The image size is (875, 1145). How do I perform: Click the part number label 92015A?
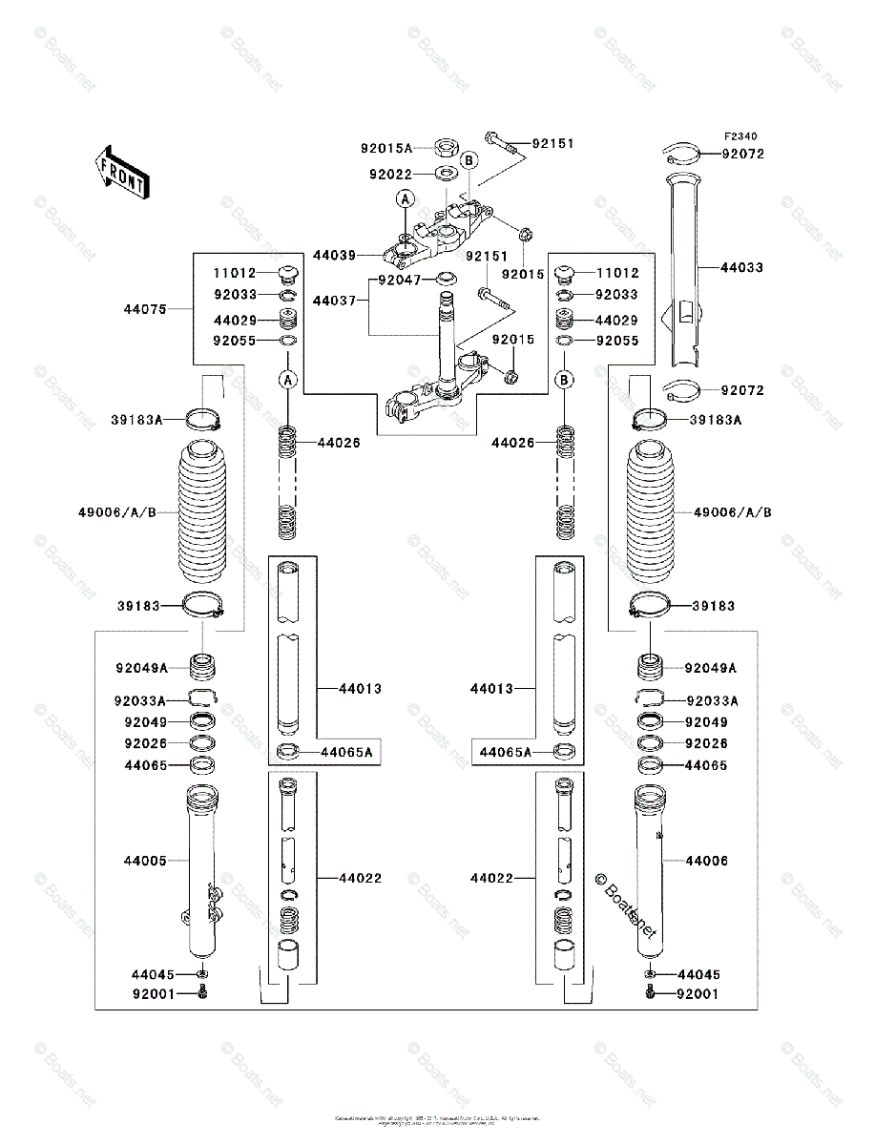(x=385, y=148)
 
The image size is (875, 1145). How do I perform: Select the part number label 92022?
(x=392, y=175)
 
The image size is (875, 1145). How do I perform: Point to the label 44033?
(x=741, y=268)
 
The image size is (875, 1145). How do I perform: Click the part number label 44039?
(x=333, y=255)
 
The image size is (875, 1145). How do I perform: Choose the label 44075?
(x=144, y=308)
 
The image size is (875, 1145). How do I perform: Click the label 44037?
(x=333, y=300)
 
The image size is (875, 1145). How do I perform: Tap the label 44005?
(x=144, y=861)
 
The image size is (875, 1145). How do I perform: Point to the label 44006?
(x=706, y=861)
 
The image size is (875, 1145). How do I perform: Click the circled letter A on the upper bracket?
(x=406, y=199)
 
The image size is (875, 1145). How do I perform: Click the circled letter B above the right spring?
(x=565, y=380)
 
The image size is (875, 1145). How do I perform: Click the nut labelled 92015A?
(x=445, y=148)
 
